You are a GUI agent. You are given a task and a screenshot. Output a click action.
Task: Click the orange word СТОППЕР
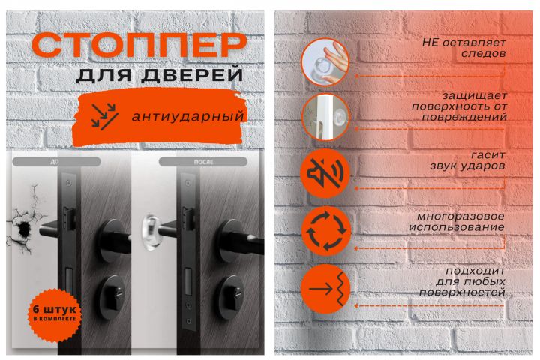pyautogui.click(x=139, y=45)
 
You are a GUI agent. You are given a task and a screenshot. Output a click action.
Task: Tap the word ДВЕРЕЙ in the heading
pyautogui.click(x=193, y=75)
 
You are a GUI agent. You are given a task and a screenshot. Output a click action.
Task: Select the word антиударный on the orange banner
pyautogui.click(x=188, y=117)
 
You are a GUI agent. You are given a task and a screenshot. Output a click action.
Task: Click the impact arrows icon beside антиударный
pyautogui.click(x=105, y=115)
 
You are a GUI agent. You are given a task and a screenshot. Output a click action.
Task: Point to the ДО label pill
pyautogui.click(x=56, y=161)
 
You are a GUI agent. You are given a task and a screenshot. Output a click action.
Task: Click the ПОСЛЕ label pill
pyautogui.click(x=203, y=161)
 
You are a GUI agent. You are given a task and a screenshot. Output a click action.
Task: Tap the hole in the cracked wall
pyautogui.click(x=23, y=229)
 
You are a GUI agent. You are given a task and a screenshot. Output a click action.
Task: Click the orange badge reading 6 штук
pyautogui.click(x=55, y=314)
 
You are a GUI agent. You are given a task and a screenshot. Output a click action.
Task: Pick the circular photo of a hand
pyautogui.click(x=325, y=61)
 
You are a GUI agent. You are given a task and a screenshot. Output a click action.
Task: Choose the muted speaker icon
pyautogui.click(x=325, y=173)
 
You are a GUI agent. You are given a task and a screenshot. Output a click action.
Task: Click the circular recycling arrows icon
pyautogui.click(x=325, y=231)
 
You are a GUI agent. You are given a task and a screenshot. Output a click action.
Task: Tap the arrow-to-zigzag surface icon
pyautogui.click(x=325, y=289)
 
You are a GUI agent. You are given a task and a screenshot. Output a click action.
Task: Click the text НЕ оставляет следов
pyautogui.click(x=464, y=48)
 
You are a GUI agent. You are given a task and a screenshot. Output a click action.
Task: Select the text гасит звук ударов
pyautogui.click(x=468, y=160)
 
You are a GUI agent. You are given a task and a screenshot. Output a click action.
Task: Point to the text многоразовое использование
pyautogui.click(x=457, y=222)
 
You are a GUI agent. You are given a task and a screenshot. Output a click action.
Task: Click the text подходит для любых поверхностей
pyautogui.click(x=462, y=281)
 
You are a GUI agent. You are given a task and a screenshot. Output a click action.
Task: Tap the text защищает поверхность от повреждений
pyautogui.click(x=460, y=106)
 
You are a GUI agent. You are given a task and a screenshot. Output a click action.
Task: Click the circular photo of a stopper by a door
pyautogui.click(x=325, y=117)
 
